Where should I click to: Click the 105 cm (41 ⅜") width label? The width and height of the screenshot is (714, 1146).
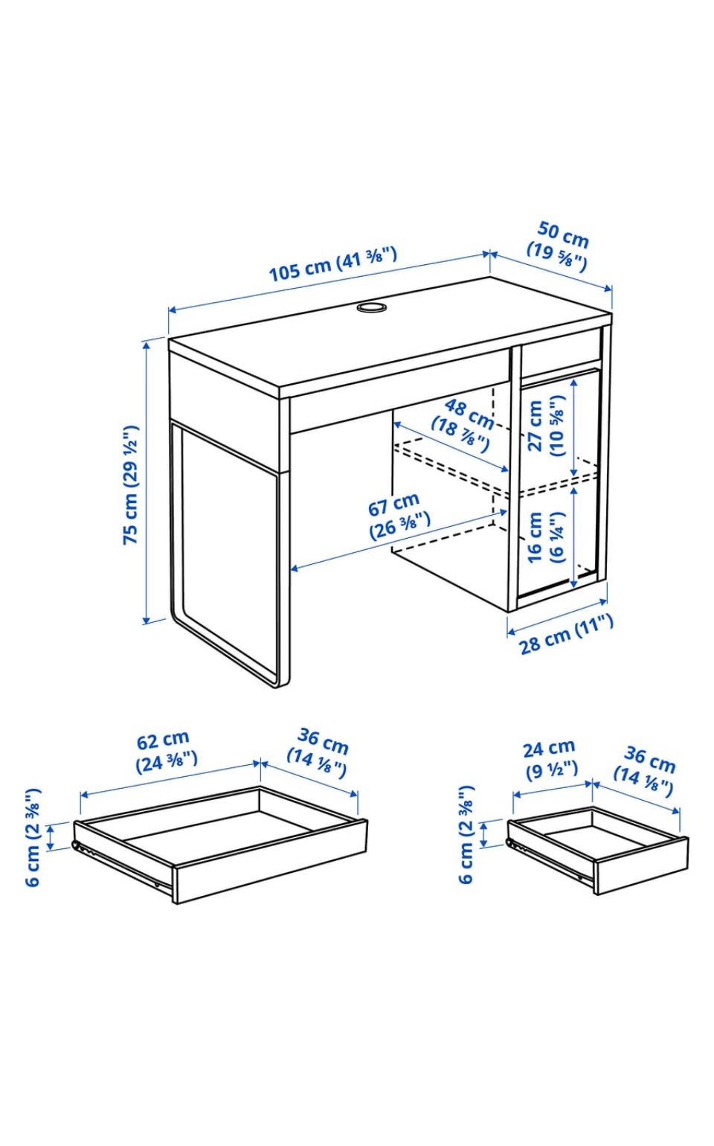pos(333,264)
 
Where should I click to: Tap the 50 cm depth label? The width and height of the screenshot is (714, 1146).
pos(559,246)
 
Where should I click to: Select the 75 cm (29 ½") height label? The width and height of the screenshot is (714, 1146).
pos(131,484)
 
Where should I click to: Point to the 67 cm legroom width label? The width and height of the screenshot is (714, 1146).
pos(399,515)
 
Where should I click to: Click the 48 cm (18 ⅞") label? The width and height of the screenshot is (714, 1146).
pos(463,426)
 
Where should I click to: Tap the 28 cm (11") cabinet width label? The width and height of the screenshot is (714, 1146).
pos(567,634)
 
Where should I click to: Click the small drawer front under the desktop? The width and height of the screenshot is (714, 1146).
pos(561,353)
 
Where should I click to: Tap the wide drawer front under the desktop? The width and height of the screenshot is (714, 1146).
pos(400,392)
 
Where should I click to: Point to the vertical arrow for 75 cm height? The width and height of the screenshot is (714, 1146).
pos(147,483)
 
